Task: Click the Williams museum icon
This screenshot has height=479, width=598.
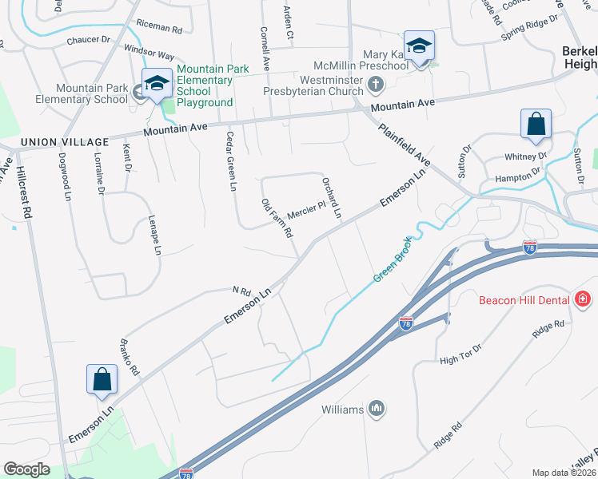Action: (x=377, y=410)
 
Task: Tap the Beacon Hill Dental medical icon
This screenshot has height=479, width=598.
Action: (x=584, y=300)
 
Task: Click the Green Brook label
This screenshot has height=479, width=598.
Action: (x=393, y=259)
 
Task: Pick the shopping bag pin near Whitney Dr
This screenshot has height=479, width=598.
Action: (x=536, y=126)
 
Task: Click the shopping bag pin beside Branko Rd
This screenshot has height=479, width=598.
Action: (x=102, y=381)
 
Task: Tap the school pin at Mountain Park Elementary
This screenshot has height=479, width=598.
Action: (x=157, y=85)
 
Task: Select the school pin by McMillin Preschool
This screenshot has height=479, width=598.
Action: (x=419, y=47)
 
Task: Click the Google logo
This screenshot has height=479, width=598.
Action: (x=26, y=469)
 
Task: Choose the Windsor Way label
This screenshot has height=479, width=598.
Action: (x=149, y=53)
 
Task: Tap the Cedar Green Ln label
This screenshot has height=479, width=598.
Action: (x=231, y=161)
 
